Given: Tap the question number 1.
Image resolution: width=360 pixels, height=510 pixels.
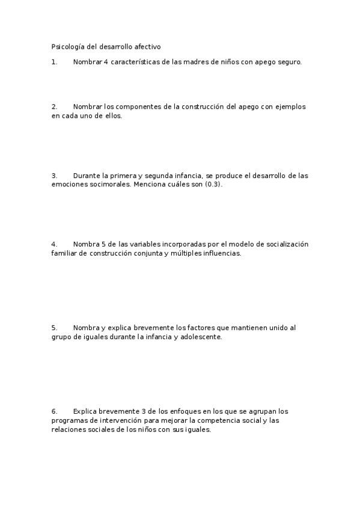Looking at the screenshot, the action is point(54,61).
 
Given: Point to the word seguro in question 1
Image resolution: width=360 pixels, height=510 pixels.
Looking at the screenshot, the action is point(288,61).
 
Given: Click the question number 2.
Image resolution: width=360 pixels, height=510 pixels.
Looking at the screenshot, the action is point(54,106).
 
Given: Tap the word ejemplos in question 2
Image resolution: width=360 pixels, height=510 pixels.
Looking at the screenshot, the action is point(291,106).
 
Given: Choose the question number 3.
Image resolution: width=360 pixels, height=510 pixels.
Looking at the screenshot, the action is point(54,176).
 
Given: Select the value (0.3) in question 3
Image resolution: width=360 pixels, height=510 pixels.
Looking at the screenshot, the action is point(213,185).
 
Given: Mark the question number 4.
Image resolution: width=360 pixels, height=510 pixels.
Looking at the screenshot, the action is point(54,244).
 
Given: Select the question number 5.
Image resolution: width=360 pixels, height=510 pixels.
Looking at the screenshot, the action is point(54,328).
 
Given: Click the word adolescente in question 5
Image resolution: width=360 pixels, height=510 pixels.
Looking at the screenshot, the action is point(201,337).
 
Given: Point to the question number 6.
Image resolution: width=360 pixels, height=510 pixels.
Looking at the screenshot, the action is point(54,411).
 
